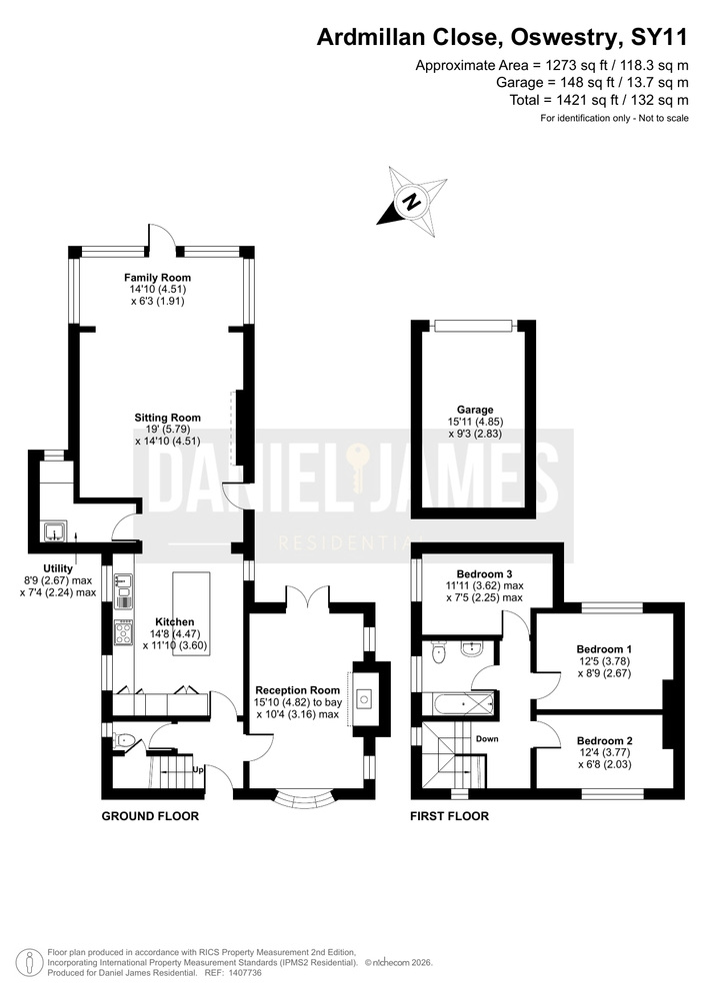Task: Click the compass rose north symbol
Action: (x=412, y=202)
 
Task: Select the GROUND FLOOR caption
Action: (x=150, y=816)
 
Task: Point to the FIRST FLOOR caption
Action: (x=449, y=816)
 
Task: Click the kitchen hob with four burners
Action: (x=124, y=632)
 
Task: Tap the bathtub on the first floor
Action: (x=463, y=704)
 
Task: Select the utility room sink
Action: (x=55, y=530)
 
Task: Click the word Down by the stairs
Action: (x=487, y=739)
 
